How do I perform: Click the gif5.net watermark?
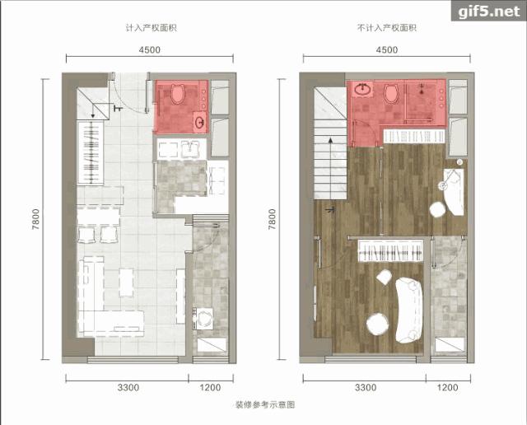[x=489, y=12]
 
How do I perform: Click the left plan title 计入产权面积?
[x=152, y=28]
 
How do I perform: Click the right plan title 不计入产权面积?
[x=387, y=28]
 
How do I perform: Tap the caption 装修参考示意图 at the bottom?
[x=265, y=404]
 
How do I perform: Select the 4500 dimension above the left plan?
[x=150, y=49]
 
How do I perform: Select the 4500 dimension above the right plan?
[x=387, y=49]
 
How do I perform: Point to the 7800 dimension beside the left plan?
[x=35, y=219]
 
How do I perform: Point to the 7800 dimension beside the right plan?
[x=272, y=219]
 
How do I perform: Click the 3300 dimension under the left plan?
[x=128, y=388]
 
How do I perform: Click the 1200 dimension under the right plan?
[x=448, y=388]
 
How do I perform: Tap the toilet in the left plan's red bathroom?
[x=178, y=93]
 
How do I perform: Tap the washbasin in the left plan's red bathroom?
[x=200, y=122]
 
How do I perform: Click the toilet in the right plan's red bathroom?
[x=391, y=93]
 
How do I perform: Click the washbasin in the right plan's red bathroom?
[x=363, y=90]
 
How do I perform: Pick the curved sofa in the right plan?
[x=408, y=310]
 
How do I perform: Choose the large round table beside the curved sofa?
[x=377, y=324]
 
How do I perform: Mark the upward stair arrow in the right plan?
[x=331, y=169]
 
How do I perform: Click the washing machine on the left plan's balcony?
[x=203, y=318]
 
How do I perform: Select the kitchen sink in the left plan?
[x=190, y=149]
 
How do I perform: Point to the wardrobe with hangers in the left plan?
[x=91, y=152]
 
